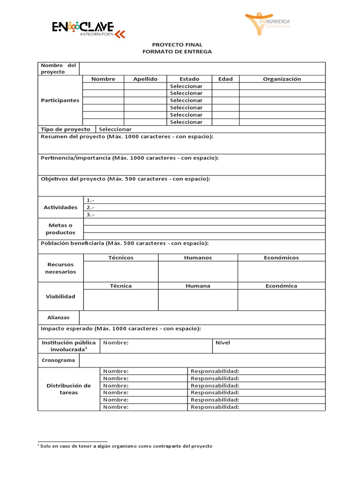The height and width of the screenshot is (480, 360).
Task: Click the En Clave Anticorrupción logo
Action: pos(89,29)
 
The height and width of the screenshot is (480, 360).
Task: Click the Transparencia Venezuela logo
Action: pos(274,23)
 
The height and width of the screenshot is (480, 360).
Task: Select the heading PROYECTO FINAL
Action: pos(177,45)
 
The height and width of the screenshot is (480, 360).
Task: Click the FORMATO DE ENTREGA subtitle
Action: pos(177,52)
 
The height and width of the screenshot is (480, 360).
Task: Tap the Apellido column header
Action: pos(145,79)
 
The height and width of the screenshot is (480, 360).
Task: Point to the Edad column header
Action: pos(225,79)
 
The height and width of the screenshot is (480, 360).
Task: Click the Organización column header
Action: pos(282,79)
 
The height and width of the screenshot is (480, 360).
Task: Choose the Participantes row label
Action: pos(60,100)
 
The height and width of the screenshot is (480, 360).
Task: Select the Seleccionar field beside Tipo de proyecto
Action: pos(115,129)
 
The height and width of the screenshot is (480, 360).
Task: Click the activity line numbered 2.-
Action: pos(90,207)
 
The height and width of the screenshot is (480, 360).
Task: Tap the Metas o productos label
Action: pos(60,229)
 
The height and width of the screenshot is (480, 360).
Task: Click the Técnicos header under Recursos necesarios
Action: pos(120,258)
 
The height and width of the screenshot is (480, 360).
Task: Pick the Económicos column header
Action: pos(281,258)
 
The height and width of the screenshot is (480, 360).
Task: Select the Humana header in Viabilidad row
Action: pos(198,286)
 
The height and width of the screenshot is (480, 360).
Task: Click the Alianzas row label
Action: pos(59,318)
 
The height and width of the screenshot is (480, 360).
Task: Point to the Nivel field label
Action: pos(223,343)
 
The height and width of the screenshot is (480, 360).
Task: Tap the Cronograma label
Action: pos(58,360)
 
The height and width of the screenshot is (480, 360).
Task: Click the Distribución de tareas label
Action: pos(68,389)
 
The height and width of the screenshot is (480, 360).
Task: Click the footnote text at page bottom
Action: pos(125,446)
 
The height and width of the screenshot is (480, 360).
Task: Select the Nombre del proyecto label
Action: pos(58,68)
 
